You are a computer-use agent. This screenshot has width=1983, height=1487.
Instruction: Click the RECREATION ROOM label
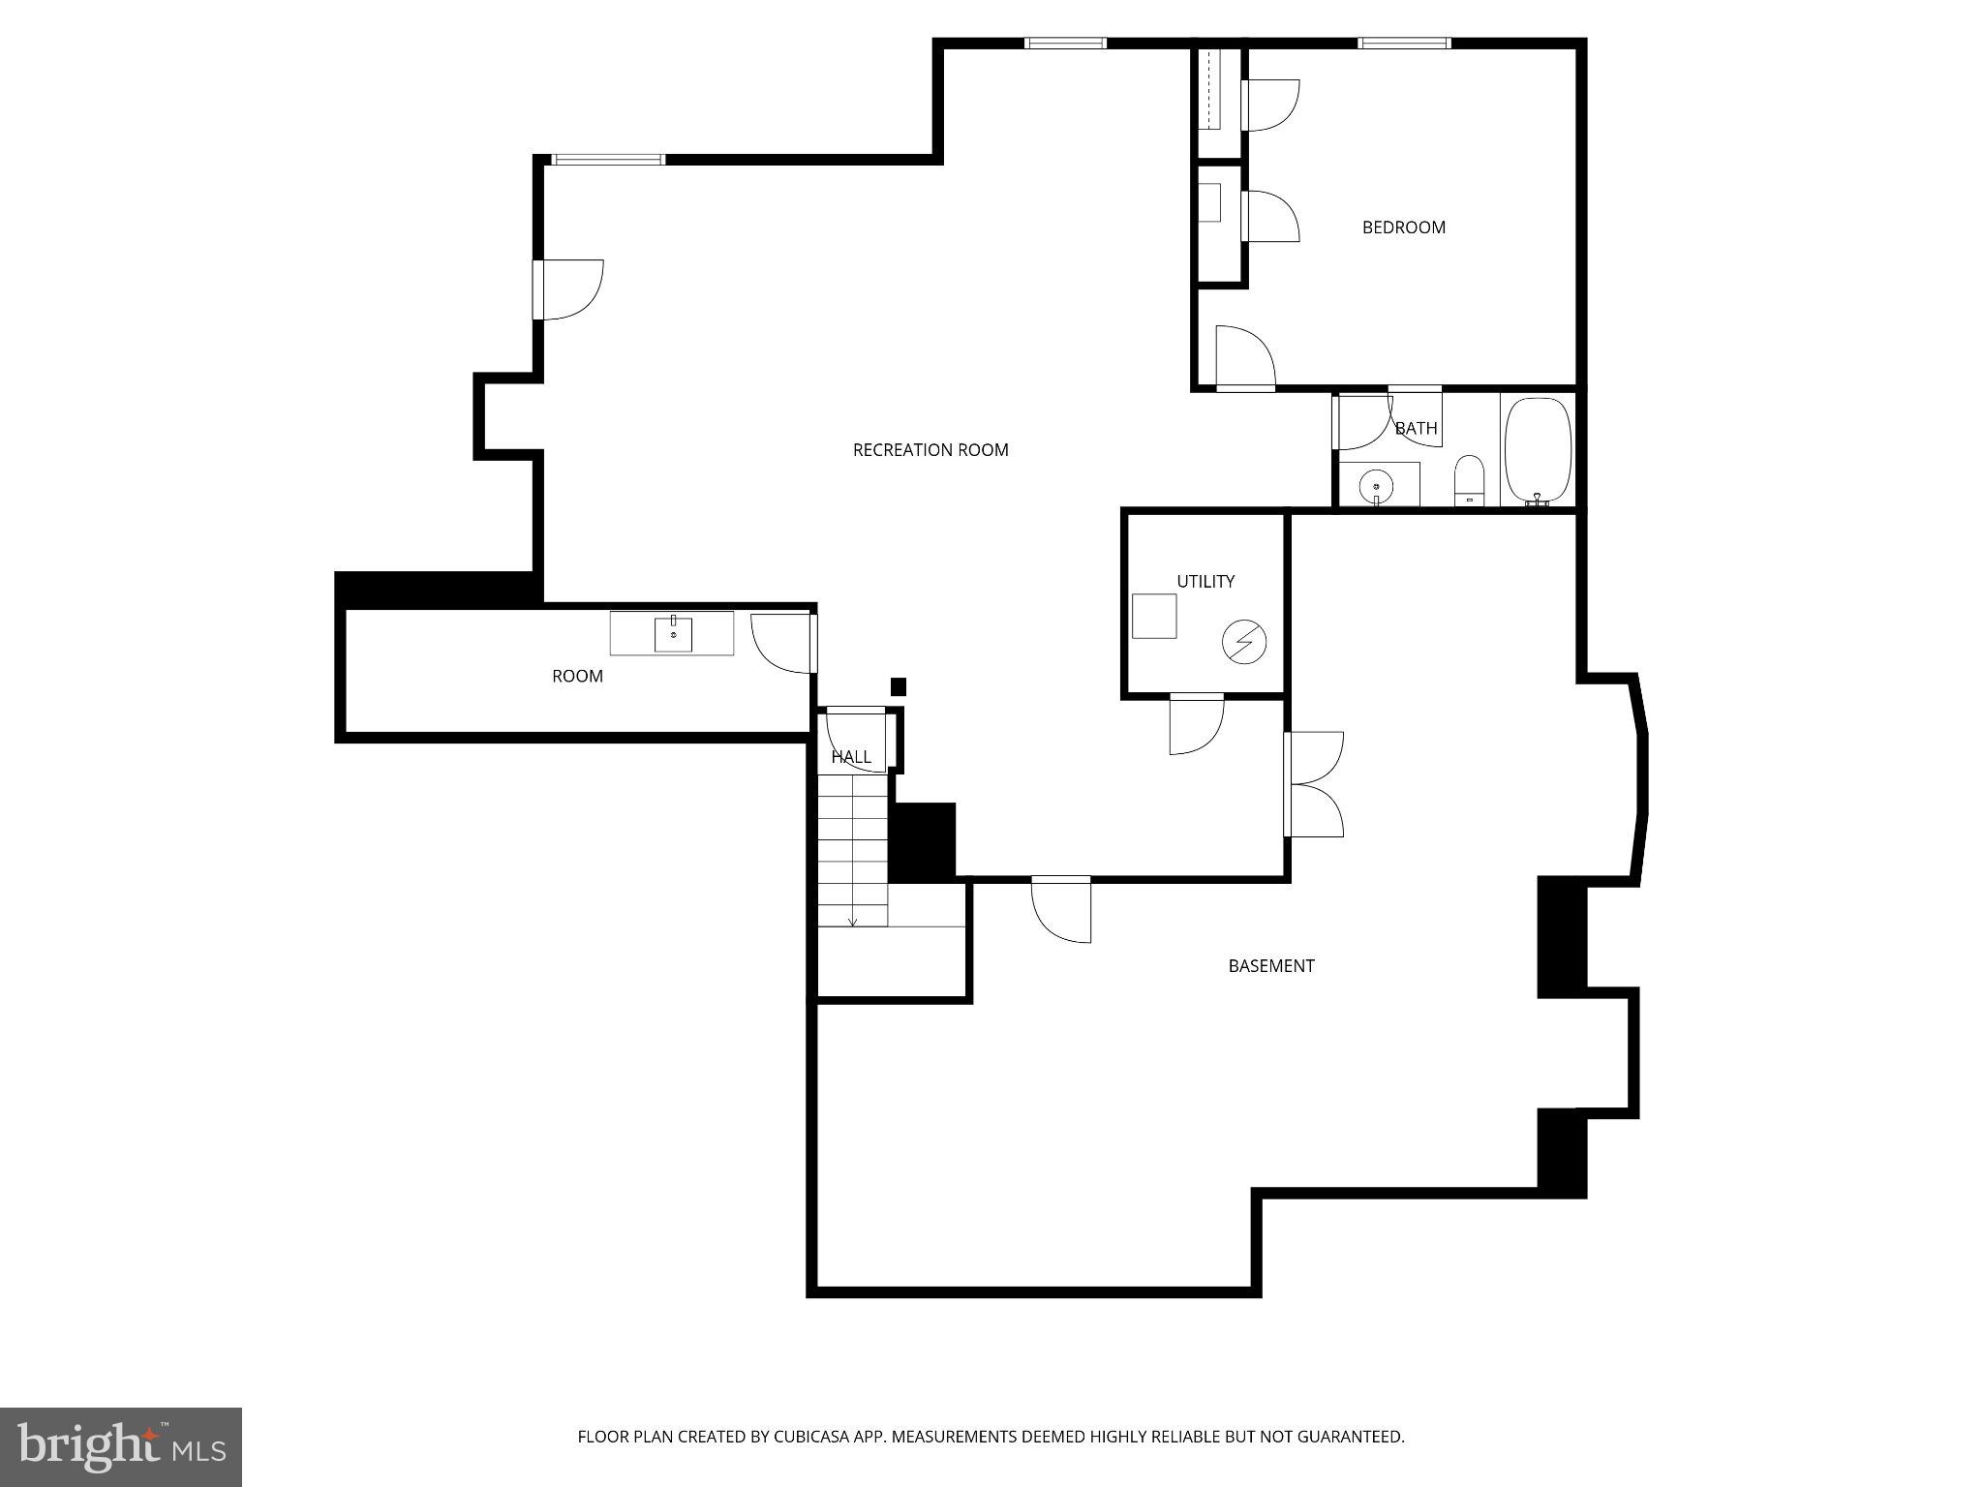click(930, 449)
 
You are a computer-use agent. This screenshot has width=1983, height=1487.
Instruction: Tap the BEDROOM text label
click(1403, 228)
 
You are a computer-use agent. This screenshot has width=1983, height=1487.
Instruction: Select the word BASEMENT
click(1270, 965)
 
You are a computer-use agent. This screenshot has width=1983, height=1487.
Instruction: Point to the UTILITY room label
click(1205, 581)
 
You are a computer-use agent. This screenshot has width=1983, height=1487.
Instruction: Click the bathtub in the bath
click(1537, 450)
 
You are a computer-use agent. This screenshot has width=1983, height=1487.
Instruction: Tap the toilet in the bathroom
click(1469, 480)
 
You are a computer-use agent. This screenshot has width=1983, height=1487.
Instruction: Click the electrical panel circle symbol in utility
click(1244, 642)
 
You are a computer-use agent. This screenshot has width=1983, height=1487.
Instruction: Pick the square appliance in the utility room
click(1154, 617)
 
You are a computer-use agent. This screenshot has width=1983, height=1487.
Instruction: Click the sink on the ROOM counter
click(673, 635)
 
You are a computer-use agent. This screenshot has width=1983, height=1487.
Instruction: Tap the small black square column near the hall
click(898, 686)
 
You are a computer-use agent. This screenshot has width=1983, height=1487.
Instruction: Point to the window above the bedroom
click(1404, 43)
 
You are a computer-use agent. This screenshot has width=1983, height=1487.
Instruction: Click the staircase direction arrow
click(852, 920)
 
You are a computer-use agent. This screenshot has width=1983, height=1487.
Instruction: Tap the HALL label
click(851, 757)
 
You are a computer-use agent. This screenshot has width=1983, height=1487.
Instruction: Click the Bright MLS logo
click(121, 1446)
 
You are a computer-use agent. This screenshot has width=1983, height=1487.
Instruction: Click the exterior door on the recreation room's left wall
click(569, 288)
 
